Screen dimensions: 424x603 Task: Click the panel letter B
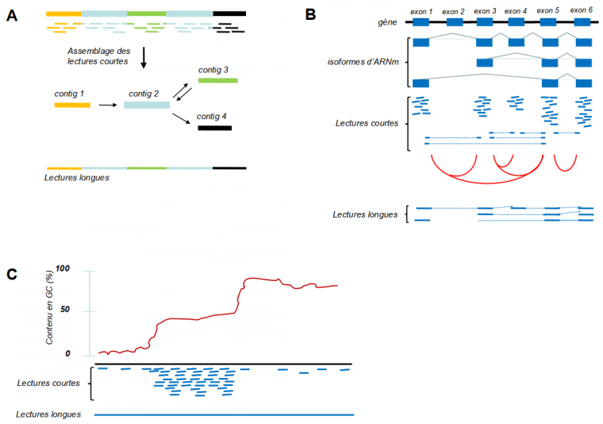click(x=310, y=14)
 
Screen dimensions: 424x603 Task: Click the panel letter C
click(x=12, y=274)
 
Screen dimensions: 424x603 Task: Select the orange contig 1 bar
click(x=72, y=105)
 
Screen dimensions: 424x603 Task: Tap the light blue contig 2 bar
click(x=147, y=105)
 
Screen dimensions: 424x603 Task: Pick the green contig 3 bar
click(x=217, y=80)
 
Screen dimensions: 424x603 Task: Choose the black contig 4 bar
click(x=214, y=127)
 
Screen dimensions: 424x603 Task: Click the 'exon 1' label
click(x=421, y=10)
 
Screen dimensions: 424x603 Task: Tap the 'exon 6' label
click(x=582, y=10)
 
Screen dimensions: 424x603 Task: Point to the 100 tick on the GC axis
click(x=85, y=269)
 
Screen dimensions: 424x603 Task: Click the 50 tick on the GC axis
click(x=87, y=310)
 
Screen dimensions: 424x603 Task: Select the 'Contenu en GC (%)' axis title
click(x=59, y=314)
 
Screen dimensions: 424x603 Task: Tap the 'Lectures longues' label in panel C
click(x=48, y=414)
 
